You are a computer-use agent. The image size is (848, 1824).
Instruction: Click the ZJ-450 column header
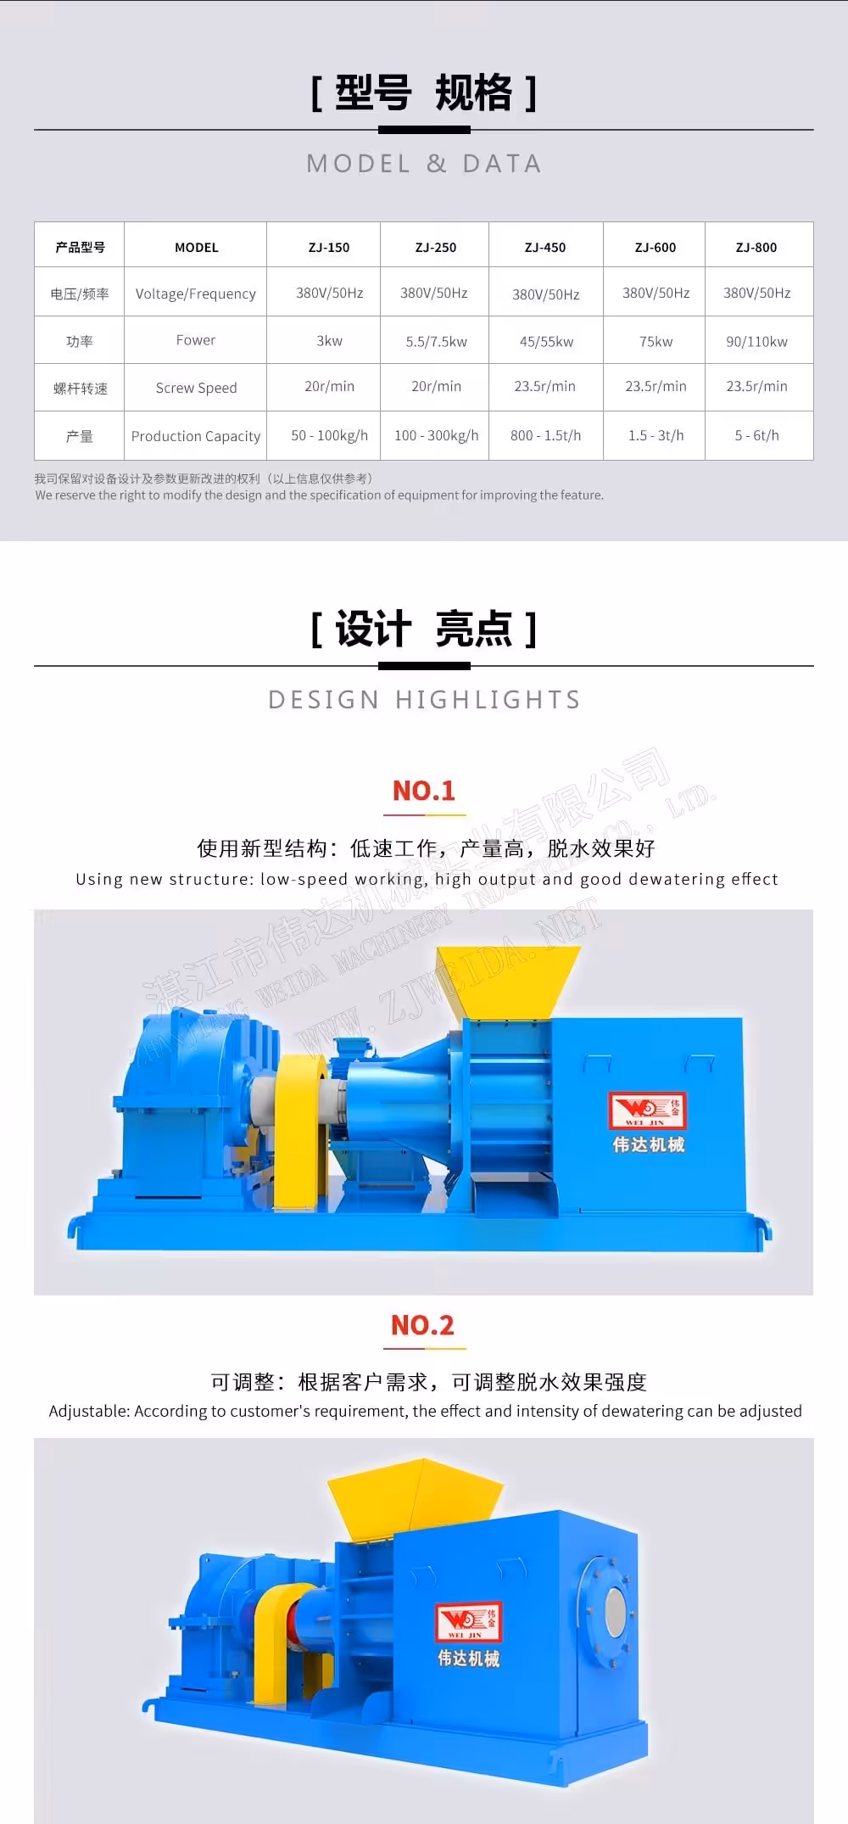point(545,247)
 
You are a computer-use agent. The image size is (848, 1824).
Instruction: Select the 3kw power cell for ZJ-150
point(329,340)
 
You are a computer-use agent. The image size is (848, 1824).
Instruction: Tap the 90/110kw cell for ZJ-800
point(756,341)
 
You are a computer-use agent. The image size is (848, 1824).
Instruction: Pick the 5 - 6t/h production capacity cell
point(756,435)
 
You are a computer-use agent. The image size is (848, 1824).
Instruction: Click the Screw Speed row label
point(196,388)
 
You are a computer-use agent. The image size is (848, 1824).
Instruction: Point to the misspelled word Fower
point(196,340)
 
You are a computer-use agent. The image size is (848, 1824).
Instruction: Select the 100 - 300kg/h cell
point(436,435)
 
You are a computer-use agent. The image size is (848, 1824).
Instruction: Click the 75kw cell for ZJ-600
point(656,341)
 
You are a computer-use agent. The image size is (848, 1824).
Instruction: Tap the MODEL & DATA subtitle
point(424,163)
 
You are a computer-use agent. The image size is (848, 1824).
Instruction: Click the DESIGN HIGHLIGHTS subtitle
point(424,699)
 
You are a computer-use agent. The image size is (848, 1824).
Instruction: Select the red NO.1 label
point(424,791)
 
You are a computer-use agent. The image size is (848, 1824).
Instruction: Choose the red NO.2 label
point(422,1325)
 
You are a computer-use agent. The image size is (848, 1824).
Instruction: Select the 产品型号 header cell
point(80,247)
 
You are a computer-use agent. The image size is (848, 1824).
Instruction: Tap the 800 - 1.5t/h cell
point(545,435)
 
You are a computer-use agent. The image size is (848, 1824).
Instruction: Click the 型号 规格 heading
point(424,92)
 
